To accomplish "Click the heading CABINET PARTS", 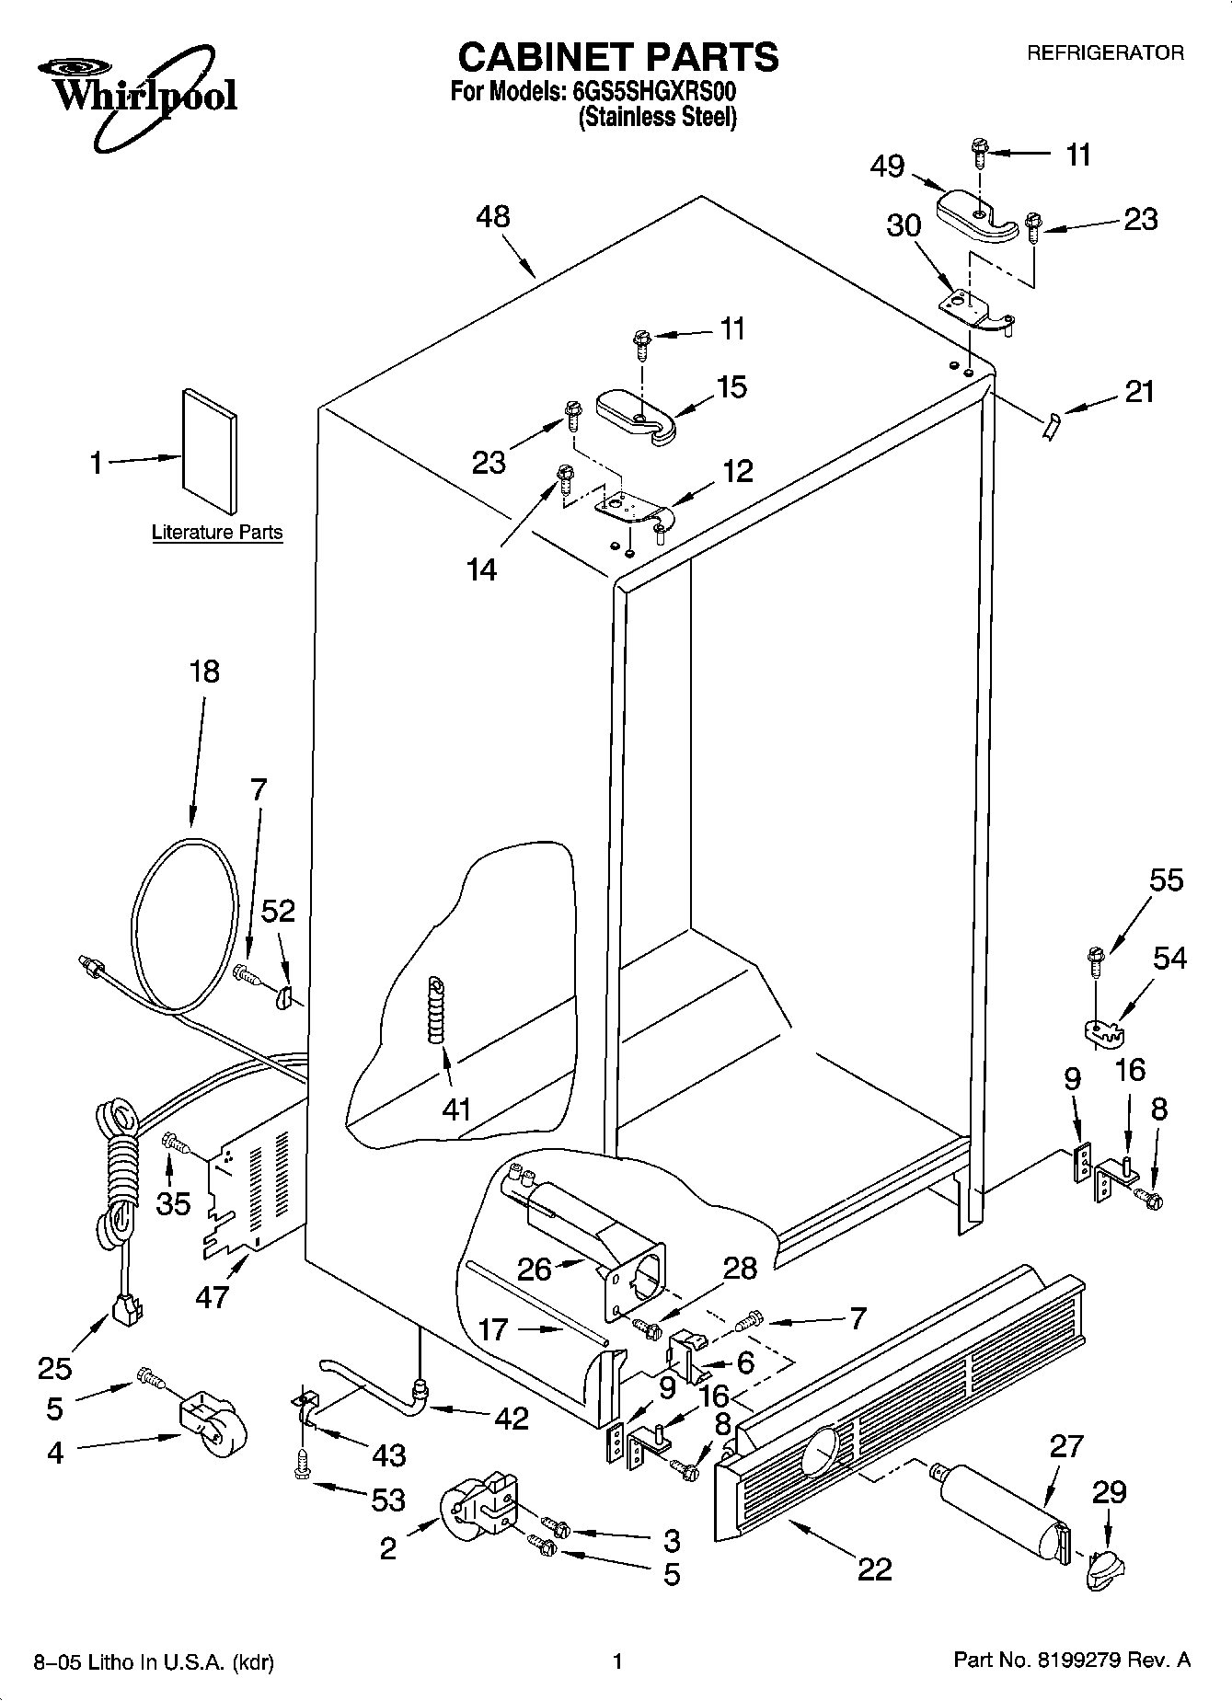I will [617, 57].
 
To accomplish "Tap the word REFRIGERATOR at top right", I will [1105, 53].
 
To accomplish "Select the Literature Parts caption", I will [217, 532].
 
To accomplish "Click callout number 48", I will [493, 217].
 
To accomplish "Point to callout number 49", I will [888, 167].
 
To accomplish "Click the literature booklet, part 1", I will [210, 450].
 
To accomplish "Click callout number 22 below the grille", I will [874, 1569].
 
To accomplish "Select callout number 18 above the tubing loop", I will [204, 672].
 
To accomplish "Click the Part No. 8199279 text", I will [1071, 1661].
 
